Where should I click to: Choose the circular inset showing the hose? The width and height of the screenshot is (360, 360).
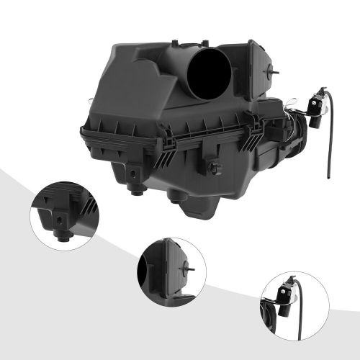point(291,302)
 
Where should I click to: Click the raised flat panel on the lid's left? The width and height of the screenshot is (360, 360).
point(137,79)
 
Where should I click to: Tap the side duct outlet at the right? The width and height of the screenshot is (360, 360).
point(291,137)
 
